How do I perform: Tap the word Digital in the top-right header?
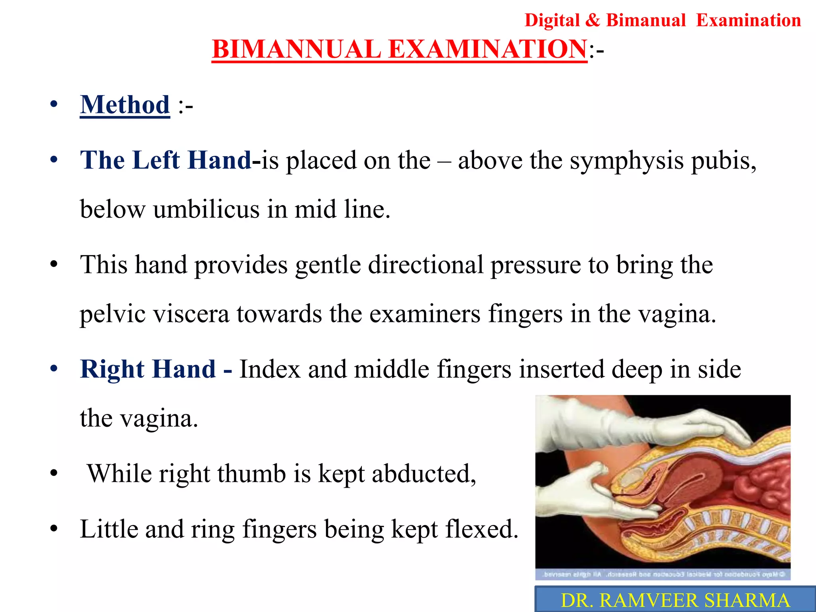coord(552,20)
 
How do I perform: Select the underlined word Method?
coord(125,105)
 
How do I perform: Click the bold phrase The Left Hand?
coord(165,160)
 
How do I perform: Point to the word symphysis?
coord(626,161)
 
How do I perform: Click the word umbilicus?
coord(206,209)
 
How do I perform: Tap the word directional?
coord(425,265)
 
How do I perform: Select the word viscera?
coord(191,314)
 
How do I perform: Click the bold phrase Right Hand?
coord(148,369)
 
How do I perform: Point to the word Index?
coord(270,369)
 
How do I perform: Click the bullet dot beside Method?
coord(54,105)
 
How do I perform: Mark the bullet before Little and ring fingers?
coord(54,530)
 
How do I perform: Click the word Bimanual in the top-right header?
coord(645,20)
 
